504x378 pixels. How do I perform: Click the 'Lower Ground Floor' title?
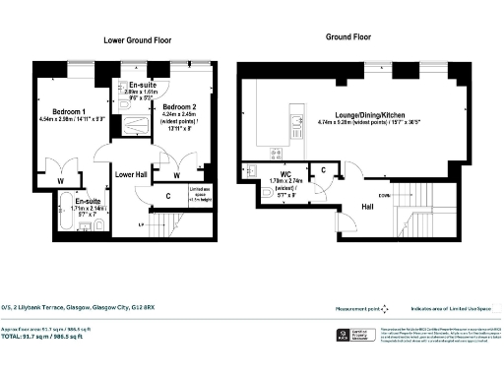138,40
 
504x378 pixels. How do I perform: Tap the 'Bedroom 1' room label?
70,111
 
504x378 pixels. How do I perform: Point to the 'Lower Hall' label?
131,173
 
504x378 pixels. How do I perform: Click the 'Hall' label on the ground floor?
368,208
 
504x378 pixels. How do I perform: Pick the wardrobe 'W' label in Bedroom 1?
62,181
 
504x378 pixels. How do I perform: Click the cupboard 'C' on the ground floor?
324,171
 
